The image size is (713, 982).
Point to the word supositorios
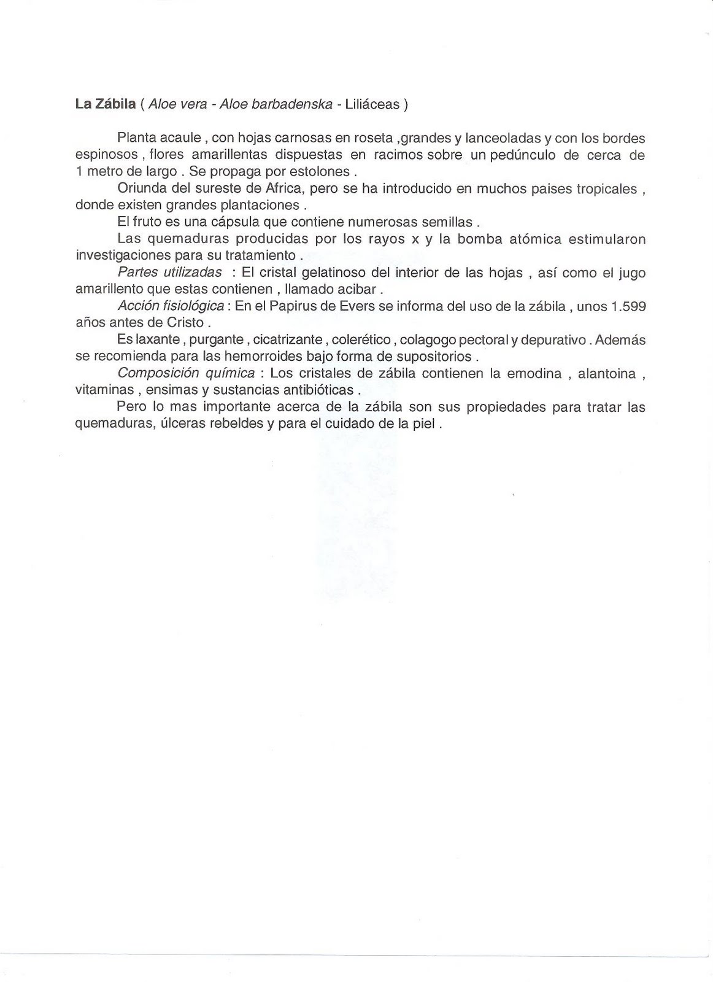tap(434, 356)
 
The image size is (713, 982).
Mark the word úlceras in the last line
tap(195, 423)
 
